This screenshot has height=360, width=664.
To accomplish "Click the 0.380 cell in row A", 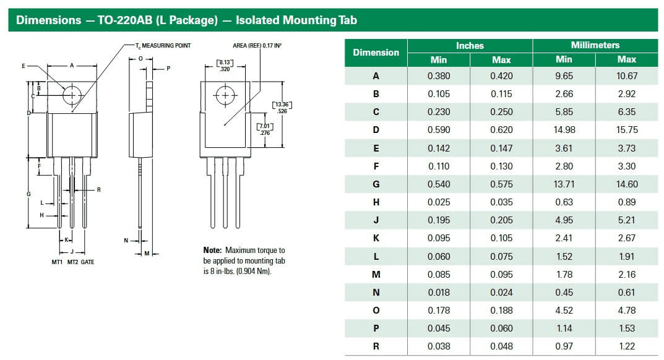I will [439, 76].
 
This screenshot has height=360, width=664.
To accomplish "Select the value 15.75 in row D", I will [626, 130].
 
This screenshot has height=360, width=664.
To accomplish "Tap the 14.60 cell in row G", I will [626, 184].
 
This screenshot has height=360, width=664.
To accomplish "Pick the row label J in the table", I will [376, 220].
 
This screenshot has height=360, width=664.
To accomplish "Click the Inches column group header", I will [470, 46].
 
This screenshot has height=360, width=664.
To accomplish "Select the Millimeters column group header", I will [595, 46].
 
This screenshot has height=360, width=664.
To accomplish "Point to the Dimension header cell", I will [376, 53].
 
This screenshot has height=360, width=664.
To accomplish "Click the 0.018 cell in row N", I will [439, 293].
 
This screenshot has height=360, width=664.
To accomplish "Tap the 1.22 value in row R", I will [626, 346].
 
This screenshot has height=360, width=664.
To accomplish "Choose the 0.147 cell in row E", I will [501, 148].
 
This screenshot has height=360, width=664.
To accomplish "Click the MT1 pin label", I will [57, 262].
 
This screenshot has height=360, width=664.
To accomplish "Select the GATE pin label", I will [87, 262].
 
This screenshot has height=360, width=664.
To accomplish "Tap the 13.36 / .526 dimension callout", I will [282, 107].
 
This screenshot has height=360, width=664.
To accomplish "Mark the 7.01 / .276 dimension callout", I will [265, 129].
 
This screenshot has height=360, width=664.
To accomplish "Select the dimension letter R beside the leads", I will [98, 190].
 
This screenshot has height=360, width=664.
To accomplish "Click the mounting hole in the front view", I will [72, 95].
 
